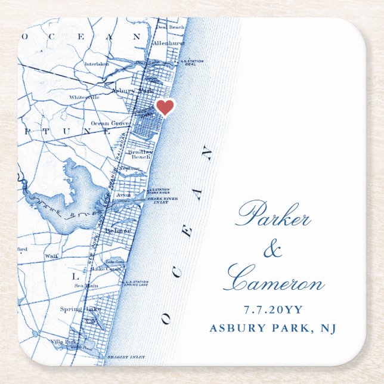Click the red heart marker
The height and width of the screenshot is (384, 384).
[165, 107]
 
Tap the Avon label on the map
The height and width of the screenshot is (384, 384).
[123, 195]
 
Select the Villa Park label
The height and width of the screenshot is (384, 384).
[63, 342]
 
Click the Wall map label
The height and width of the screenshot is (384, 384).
[51, 255]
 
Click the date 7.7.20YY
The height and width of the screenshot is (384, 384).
[273, 309]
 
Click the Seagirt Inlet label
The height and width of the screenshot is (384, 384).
[123, 357]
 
